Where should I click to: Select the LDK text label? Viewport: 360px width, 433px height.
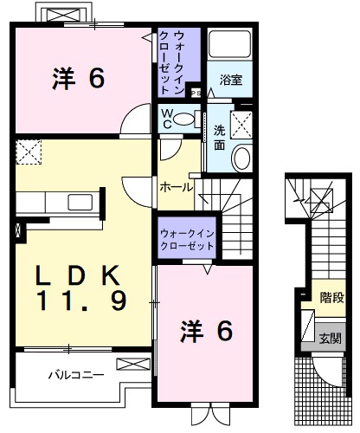(x=73, y=275)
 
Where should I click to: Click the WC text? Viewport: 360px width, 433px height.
(x=165, y=118)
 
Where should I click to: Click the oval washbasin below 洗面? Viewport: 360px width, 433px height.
(x=241, y=158)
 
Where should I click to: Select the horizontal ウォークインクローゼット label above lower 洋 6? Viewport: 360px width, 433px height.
(x=187, y=240)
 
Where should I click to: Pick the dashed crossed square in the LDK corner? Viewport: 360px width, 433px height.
(x=30, y=152)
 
